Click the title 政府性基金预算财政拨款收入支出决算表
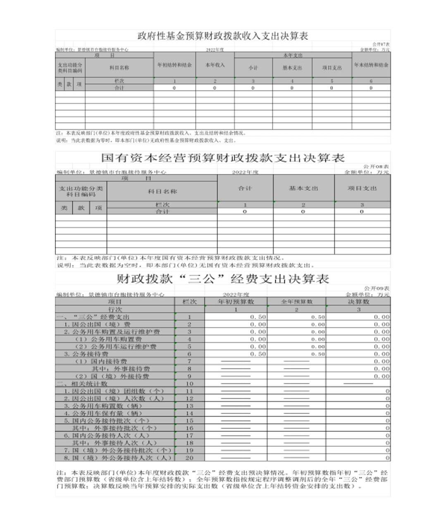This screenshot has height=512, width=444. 222,36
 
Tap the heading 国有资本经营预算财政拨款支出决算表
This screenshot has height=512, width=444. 223,158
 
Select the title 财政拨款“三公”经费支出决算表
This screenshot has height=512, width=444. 222,279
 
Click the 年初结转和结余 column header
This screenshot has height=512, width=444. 174,65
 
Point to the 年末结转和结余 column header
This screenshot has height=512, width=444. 371,65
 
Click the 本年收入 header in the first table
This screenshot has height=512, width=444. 215,65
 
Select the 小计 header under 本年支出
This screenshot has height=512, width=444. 253,68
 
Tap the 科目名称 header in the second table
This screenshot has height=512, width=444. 162,191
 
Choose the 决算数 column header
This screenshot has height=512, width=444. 358,302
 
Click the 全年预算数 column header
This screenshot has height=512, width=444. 296,302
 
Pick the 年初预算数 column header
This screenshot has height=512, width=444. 236,302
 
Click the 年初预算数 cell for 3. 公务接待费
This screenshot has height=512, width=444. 236,354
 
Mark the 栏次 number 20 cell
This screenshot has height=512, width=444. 189,458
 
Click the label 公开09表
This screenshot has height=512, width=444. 376,288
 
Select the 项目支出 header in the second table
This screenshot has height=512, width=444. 362,188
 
